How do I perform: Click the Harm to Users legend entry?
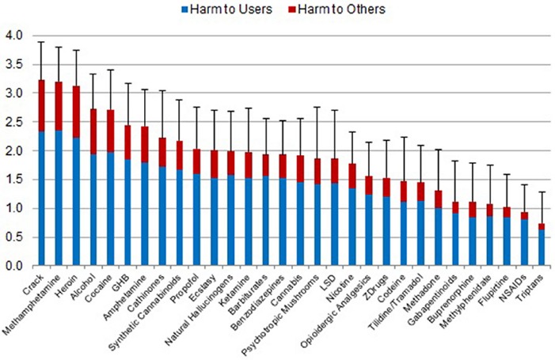coord(227,9)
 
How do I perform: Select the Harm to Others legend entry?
coord(336,9)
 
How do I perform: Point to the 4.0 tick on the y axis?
coord(13,36)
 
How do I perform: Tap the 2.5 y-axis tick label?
coord(13,122)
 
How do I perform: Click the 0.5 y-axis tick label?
coord(13,237)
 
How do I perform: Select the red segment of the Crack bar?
coord(41,106)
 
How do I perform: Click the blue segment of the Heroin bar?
coord(76,202)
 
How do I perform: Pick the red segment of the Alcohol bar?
coord(93,131)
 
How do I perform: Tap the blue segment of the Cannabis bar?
coord(300,224)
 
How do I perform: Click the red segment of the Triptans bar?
coord(542,226)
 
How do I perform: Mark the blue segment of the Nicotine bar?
coord(352,227)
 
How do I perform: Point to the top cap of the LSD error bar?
coord(335,110)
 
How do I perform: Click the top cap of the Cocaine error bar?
coord(110,70)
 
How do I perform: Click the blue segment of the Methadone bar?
coord(438,237)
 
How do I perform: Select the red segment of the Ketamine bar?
coord(249,165)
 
